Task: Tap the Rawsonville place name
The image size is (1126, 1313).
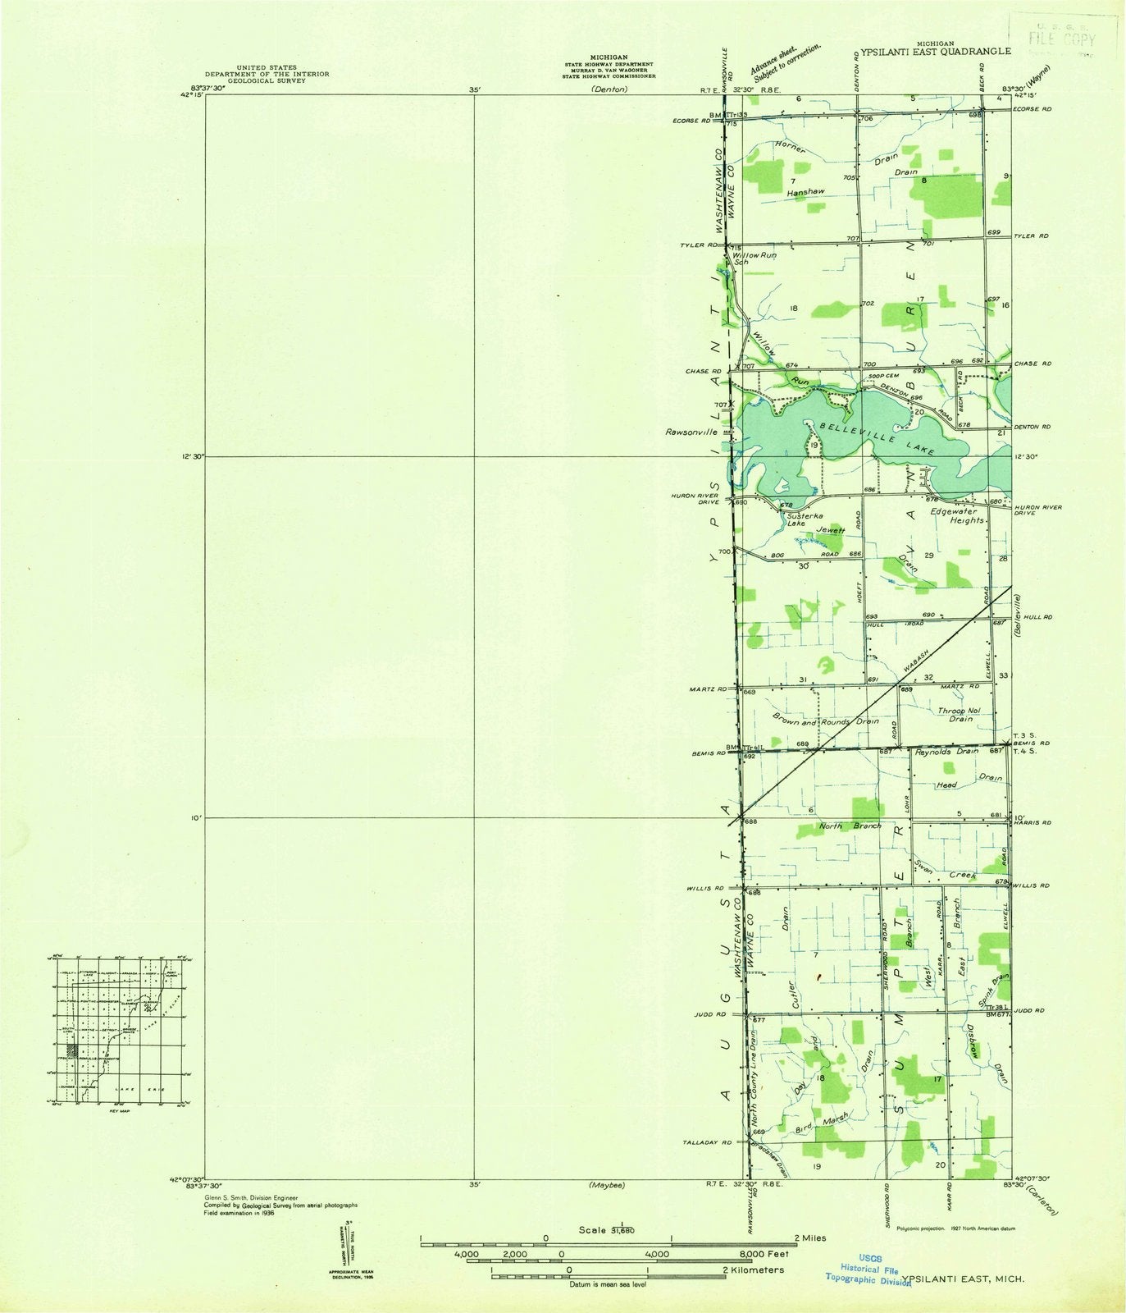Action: (692, 431)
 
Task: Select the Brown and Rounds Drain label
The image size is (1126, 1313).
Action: (825, 720)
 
